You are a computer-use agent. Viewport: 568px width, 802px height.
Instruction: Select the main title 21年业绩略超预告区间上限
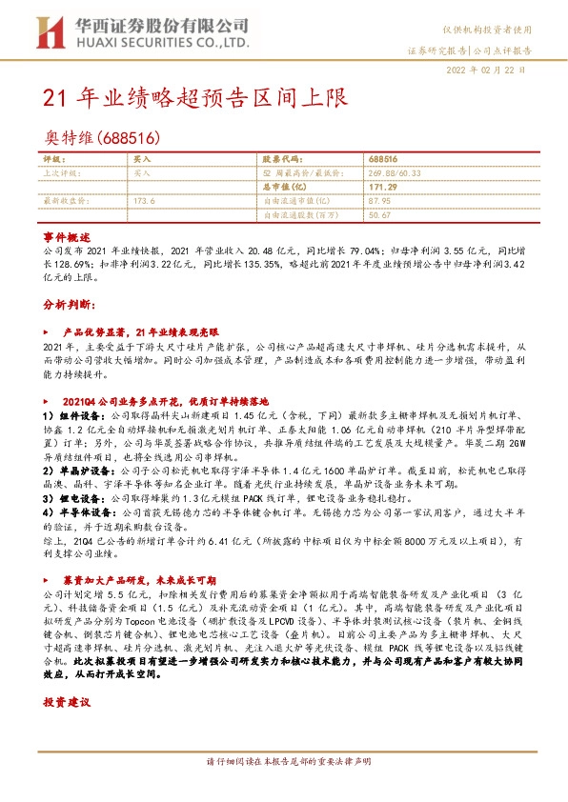coord(195,98)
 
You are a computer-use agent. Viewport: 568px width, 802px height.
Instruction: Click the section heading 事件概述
coord(66,235)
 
